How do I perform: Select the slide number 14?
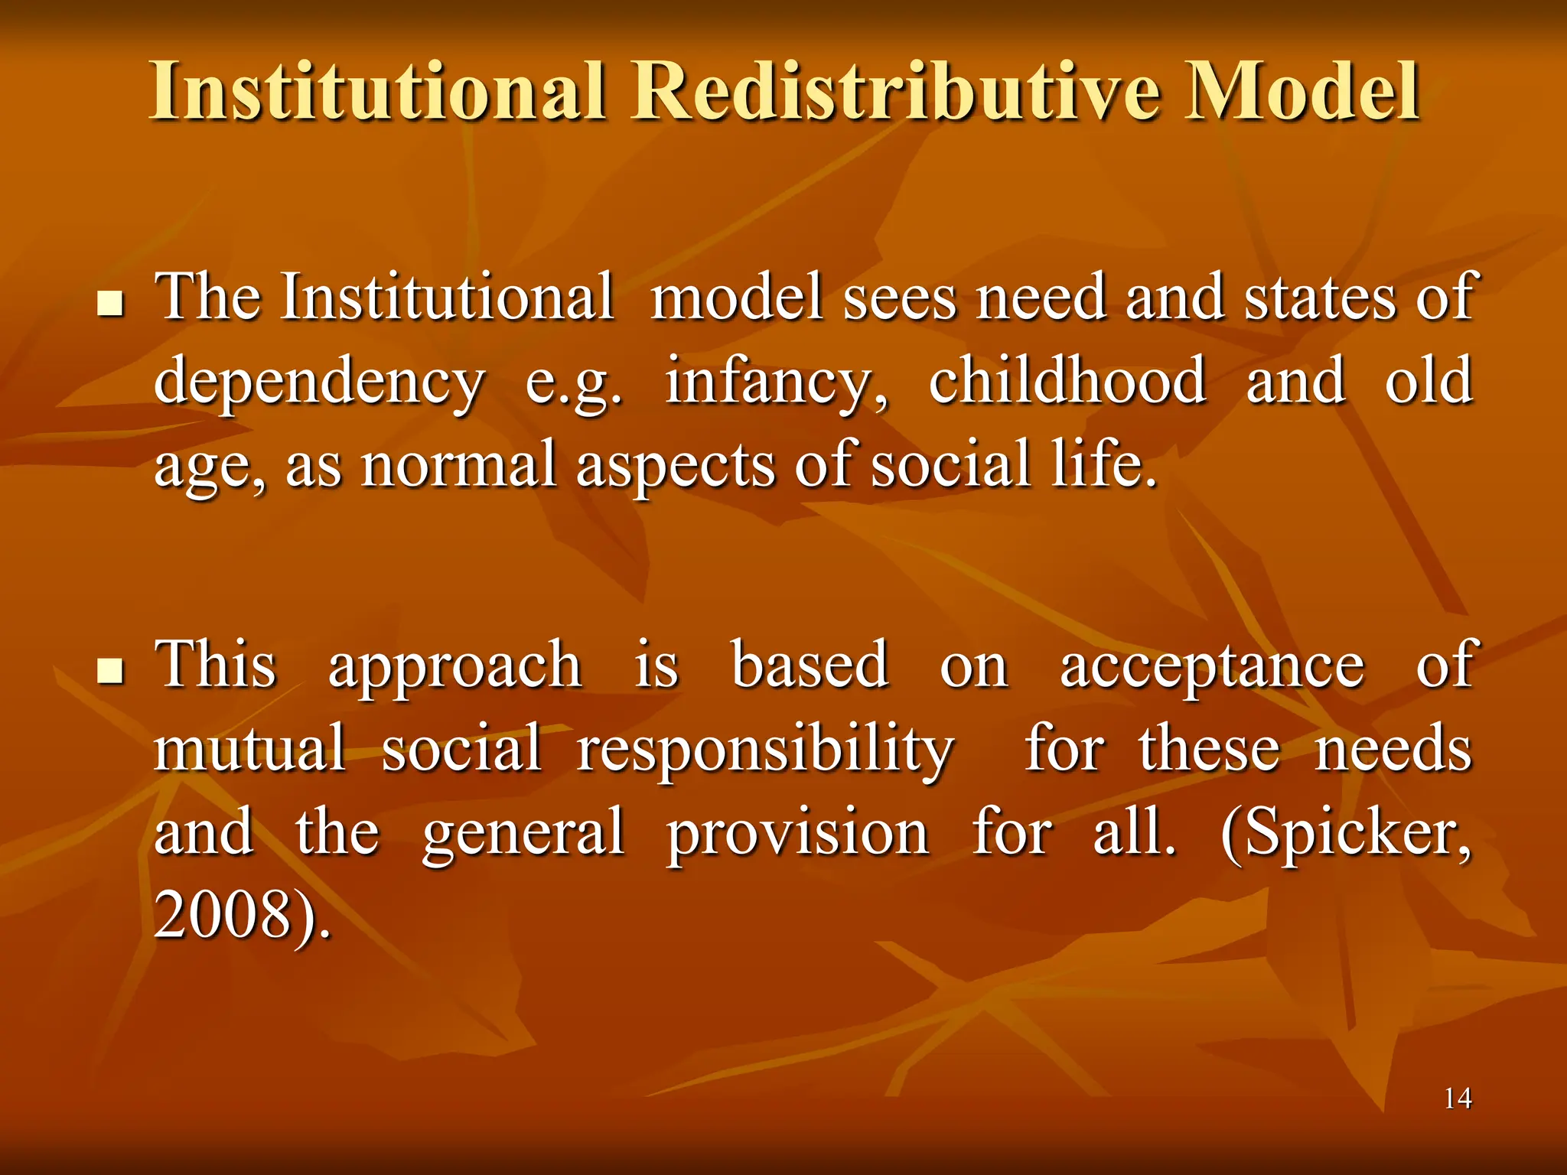(x=1458, y=1099)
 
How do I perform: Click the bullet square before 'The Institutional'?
(x=112, y=307)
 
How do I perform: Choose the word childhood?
(x=1067, y=380)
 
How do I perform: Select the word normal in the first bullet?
(x=458, y=464)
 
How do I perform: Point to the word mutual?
(x=249, y=747)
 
